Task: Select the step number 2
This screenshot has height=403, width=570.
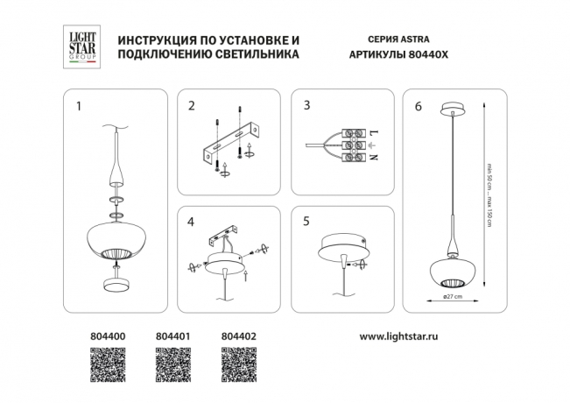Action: pyautogui.click(x=190, y=107)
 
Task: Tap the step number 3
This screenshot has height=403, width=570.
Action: pyautogui.click(x=306, y=107)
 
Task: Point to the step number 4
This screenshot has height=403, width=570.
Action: pyautogui.click(x=190, y=223)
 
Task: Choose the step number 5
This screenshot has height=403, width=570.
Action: pyautogui.click(x=306, y=223)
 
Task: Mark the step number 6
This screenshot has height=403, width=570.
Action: pyautogui.click(x=419, y=107)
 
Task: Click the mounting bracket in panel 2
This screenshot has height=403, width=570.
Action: pyautogui.click(x=231, y=140)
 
